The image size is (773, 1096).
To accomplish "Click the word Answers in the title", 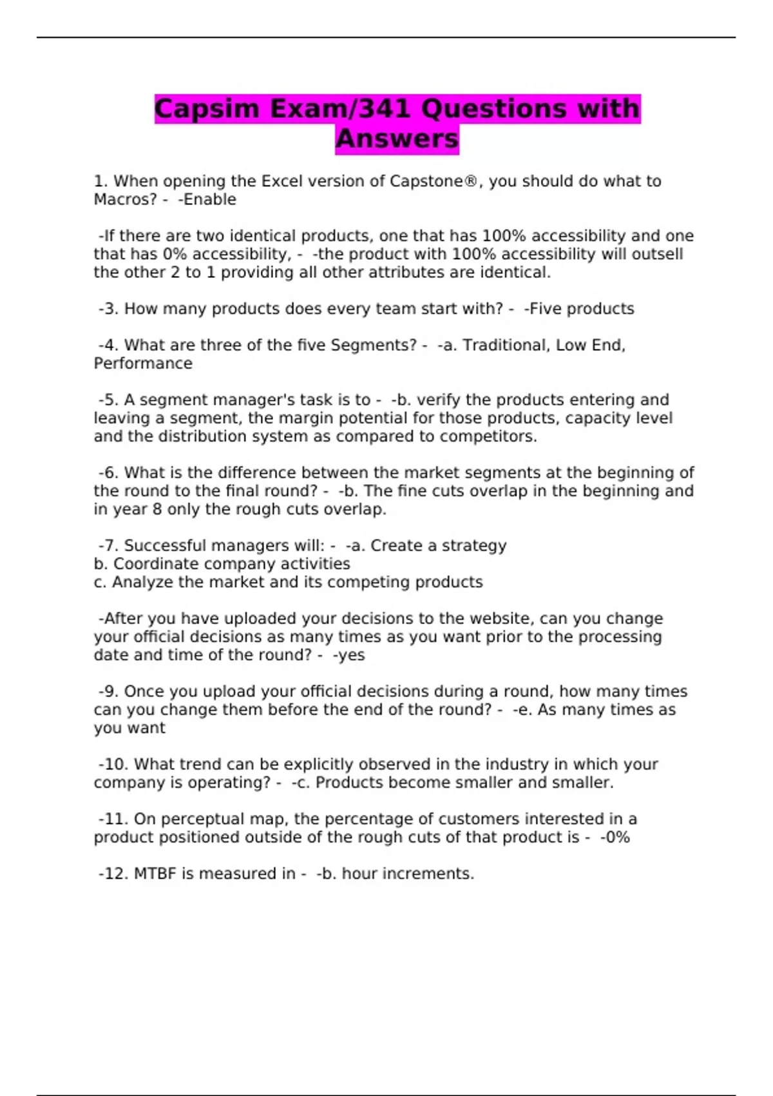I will click(x=397, y=139).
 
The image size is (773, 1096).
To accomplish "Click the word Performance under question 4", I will click(x=143, y=364).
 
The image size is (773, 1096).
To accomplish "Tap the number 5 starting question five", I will click(x=112, y=400).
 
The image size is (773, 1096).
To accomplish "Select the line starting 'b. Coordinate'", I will click(x=222, y=564).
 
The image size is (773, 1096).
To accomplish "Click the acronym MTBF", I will click(x=155, y=874).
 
